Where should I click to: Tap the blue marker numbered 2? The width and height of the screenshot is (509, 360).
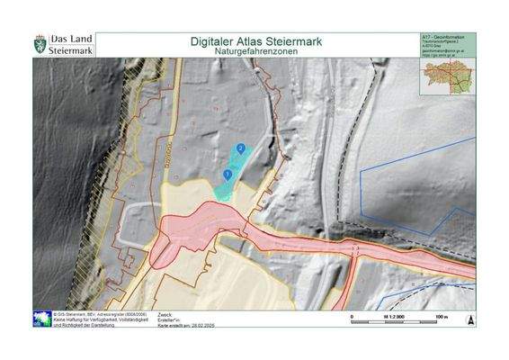click(241, 148)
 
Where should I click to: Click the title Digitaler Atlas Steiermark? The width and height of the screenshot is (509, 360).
click(256, 41)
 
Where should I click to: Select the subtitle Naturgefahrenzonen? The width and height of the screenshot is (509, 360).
click(256, 53)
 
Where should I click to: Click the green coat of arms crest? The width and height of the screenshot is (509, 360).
click(40, 44)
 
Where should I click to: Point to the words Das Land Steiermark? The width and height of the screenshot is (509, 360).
click(70, 45)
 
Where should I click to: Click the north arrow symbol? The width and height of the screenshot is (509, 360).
click(469, 319)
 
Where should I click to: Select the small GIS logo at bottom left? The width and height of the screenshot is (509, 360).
click(41, 319)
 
